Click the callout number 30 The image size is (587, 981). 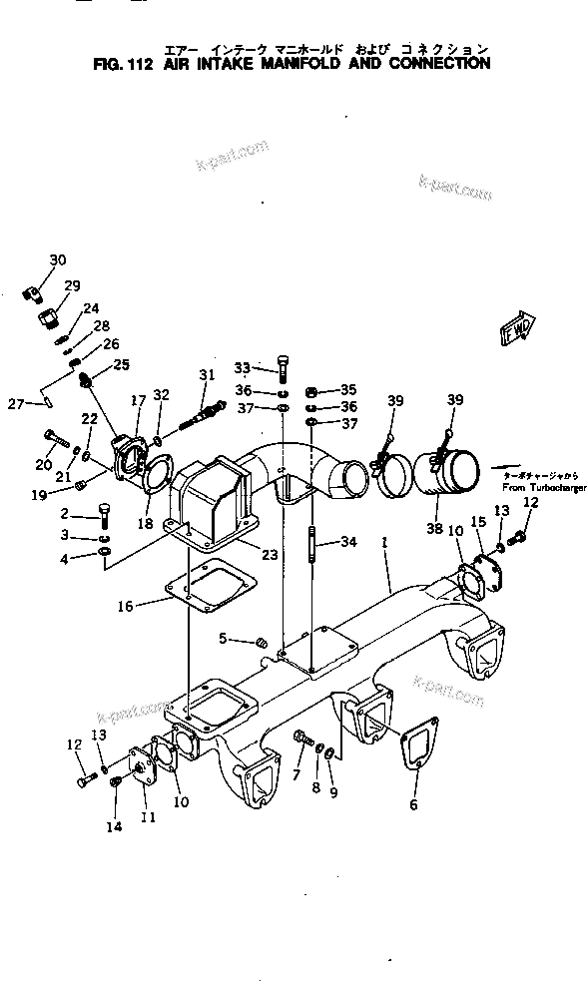pyautogui.click(x=58, y=260)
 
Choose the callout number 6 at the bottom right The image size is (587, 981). pyautogui.click(x=413, y=804)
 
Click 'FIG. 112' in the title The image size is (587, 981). pyautogui.click(x=117, y=63)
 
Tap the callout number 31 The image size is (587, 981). pyautogui.click(x=207, y=375)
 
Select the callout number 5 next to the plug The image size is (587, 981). pyautogui.click(x=224, y=638)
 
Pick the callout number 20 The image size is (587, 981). pyautogui.click(x=43, y=466)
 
